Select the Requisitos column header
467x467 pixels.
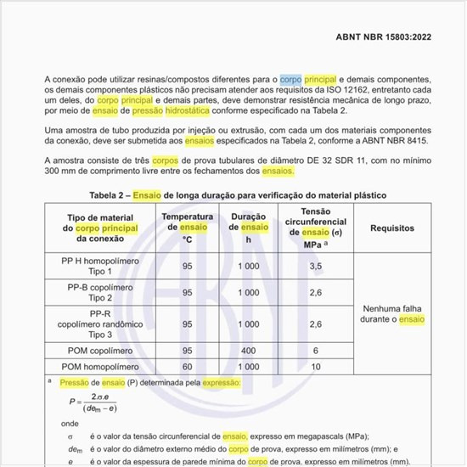pyautogui.click(x=391, y=228)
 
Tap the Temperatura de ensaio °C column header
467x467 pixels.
pyautogui.click(x=188, y=228)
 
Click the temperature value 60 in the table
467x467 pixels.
pyautogui.click(x=188, y=366)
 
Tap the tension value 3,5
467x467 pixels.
pyautogui.click(x=315, y=266)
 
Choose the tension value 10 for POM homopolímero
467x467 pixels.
pyautogui.click(x=315, y=366)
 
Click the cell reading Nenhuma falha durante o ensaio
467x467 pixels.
pyautogui.click(x=393, y=314)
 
